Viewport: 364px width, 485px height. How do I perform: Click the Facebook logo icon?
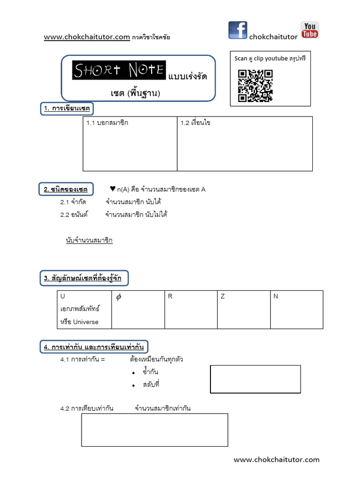coord(237,30)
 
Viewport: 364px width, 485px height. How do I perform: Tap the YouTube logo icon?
coord(309,30)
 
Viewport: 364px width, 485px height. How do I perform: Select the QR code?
coord(255,86)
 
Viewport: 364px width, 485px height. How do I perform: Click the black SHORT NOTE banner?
coord(119,70)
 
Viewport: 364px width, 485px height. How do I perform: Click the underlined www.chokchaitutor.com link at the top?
coord(87,36)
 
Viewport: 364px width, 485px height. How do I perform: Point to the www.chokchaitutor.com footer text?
coord(277,459)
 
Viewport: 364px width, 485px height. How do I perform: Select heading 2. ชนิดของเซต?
coord(66,189)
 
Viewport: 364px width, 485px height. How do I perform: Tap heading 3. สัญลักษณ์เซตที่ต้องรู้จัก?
coord(83,278)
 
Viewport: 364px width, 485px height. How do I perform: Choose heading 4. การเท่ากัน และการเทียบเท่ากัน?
coord(94,347)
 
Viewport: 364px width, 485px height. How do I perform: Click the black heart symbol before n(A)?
coord(112,189)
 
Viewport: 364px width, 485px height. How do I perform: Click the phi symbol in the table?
coord(118,297)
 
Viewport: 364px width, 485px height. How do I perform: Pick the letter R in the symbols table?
coord(170,296)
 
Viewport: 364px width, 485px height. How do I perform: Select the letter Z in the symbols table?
coord(223,296)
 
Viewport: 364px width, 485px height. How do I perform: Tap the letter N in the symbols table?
coord(276,296)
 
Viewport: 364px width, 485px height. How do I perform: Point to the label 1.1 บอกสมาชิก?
coord(107,123)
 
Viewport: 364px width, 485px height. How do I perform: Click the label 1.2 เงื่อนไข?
coord(195,123)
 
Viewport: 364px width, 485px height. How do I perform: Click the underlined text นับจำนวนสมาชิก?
coord(89,241)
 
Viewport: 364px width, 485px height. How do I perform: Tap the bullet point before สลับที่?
coord(134,386)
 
